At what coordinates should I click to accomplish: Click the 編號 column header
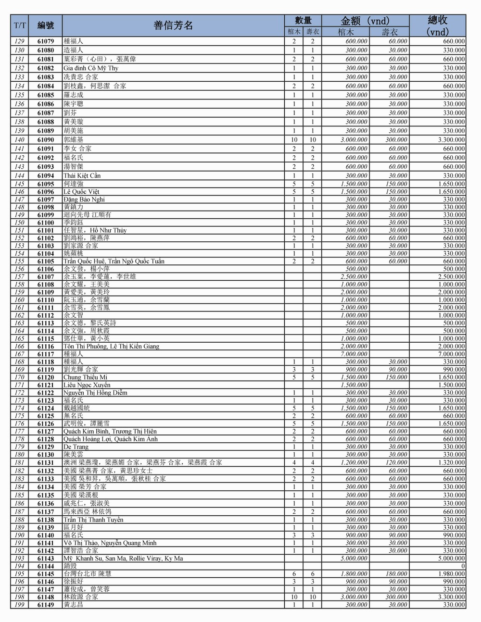click(x=46, y=25)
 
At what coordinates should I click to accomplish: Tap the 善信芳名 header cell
click(x=173, y=25)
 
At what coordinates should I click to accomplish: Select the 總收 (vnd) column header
click(x=437, y=25)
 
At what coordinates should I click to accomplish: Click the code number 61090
click(x=46, y=140)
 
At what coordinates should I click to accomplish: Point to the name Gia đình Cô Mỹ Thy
click(x=91, y=68)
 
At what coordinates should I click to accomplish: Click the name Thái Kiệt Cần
click(x=82, y=176)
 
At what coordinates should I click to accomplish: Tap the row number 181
click(x=19, y=462)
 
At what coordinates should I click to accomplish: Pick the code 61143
click(x=46, y=559)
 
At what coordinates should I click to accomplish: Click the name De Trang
click(x=76, y=447)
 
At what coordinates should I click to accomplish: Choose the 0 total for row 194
click(x=463, y=566)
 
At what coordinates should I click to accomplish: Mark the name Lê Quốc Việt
click(x=81, y=192)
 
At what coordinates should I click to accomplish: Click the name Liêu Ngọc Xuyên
click(x=87, y=385)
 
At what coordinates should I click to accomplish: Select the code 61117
click(x=46, y=354)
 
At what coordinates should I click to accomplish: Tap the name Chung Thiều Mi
click(x=86, y=377)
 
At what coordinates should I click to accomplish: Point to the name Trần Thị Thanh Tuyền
click(x=93, y=520)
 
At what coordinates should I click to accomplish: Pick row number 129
click(x=19, y=41)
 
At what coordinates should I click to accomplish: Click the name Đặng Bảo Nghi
click(x=84, y=199)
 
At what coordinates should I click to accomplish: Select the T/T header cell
click(x=20, y=25)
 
